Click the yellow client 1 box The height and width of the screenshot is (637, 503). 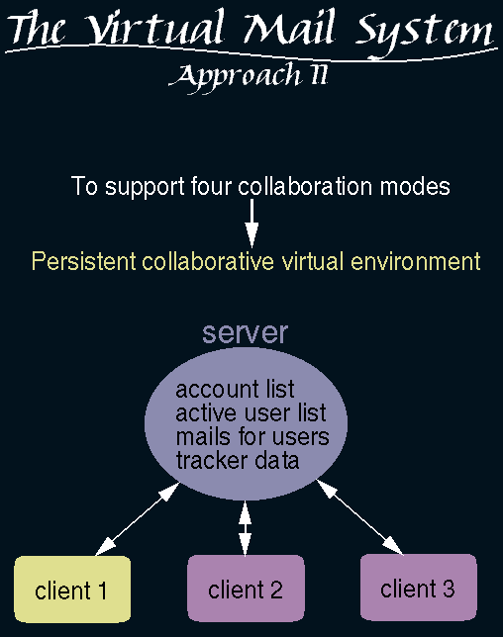[x=72, y=590]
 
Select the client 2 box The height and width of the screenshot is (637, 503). [x=246, y=589]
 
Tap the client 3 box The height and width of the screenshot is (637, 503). [x=419, y=588]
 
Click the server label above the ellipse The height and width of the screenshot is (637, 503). [x=246, y=332]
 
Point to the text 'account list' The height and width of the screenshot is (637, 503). [x=235, y=389]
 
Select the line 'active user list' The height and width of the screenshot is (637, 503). [x=251, y=412]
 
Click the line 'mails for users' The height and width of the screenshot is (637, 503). [x=252, y=437]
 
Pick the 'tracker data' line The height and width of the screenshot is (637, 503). [x=238, y=460]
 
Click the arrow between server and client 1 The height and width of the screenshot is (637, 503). [x=138, y=518]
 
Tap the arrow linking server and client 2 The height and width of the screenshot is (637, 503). [x=245, y=528]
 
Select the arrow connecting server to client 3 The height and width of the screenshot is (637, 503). [x=359, y=516]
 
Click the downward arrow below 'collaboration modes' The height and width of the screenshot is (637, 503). [x=251, y=223]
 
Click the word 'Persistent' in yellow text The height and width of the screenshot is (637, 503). [x=84, y=261]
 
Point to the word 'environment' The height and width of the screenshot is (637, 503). [x=416, y=261]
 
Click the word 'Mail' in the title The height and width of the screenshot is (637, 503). [x=290, y=28]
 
